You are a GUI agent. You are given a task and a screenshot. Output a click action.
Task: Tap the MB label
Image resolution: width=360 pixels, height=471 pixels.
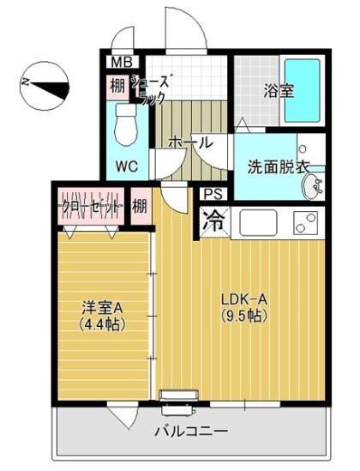pos(118,63)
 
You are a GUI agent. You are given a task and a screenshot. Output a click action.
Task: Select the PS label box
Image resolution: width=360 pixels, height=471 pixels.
pos(214,194)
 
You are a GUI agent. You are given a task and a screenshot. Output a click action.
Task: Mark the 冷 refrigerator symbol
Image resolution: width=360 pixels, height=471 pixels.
pos(214,220)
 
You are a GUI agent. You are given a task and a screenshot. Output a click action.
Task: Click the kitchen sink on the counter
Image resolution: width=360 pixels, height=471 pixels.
pos(259,223)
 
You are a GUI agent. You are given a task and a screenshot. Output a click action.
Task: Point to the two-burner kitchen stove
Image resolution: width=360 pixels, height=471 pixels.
pos(305,223)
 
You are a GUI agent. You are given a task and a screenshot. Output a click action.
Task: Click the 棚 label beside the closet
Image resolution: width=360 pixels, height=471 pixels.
pos(139,207)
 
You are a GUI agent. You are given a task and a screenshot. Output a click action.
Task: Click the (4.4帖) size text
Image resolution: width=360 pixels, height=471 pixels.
pos(102,324)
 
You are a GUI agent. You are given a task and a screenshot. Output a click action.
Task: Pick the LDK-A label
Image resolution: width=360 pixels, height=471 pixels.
pos(244,299)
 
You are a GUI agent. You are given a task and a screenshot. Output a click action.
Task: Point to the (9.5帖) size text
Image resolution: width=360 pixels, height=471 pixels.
pos(244,316)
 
